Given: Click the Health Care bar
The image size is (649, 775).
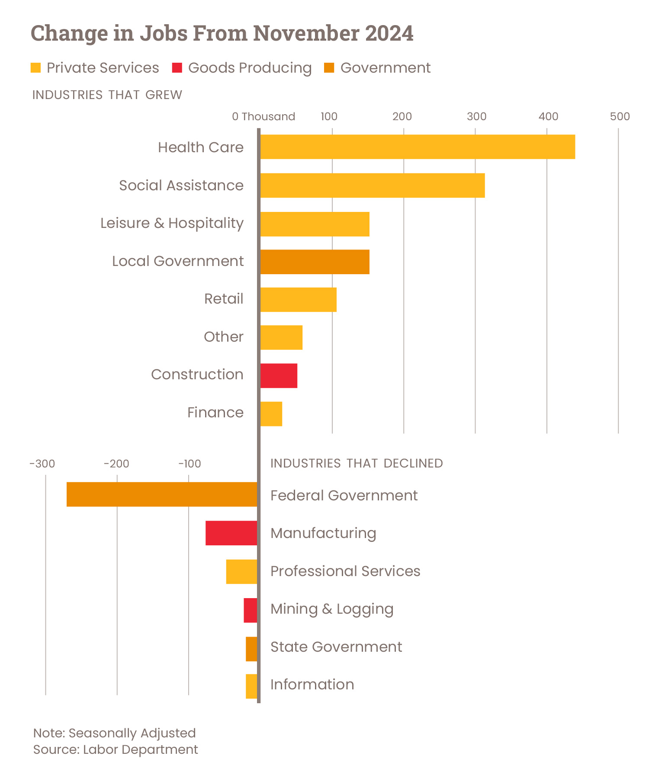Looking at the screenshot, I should pyautogui.click(x=418, y=147).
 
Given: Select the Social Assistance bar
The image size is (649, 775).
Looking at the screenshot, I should pyautogui.click(x=372, y=186).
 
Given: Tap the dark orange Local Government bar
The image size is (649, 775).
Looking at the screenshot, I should pyautogui.click(x=315, y=262).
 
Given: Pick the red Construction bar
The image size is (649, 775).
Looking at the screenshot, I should pyautogui.click(x=279, y=375).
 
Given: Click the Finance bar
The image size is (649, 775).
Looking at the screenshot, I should pyautogui.click(x=271, y=414).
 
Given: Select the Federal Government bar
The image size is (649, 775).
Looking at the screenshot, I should pyautogui.click(x=162, y=494).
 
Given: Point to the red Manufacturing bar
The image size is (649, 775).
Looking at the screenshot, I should pyautogui.click(x=231, y=533).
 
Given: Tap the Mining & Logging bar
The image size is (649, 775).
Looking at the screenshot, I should pyautogui.click(x=250, y=610).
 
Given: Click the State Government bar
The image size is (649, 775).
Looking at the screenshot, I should pyautogui.click(x=251, y=649).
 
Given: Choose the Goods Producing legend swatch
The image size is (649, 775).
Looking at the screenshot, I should pyautogui.click(x=177, y=68).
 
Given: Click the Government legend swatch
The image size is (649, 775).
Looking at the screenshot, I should pyautogui.click(x=329, y=68).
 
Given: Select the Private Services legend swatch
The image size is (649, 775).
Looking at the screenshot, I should pyautogui.click(x=35, y=68).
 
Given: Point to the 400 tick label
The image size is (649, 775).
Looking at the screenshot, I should pyautogui.click(x=548, y=116).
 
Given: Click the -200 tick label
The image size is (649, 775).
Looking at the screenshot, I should pyautogui.click(x=116, y=464).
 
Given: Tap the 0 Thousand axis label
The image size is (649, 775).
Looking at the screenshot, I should pyautogui.click(x=263, y=116).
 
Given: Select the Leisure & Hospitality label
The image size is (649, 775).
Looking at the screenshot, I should pyautogui.click(x=172, y=223).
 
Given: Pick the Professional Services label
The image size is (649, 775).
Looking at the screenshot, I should pyautogui.click(x=345, y=571).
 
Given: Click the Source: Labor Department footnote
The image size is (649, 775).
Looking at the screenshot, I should pyautogui.click(x=116, y=749).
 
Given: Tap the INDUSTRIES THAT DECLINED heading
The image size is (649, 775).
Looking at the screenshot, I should pyautogui.click(x=356, y=463).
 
